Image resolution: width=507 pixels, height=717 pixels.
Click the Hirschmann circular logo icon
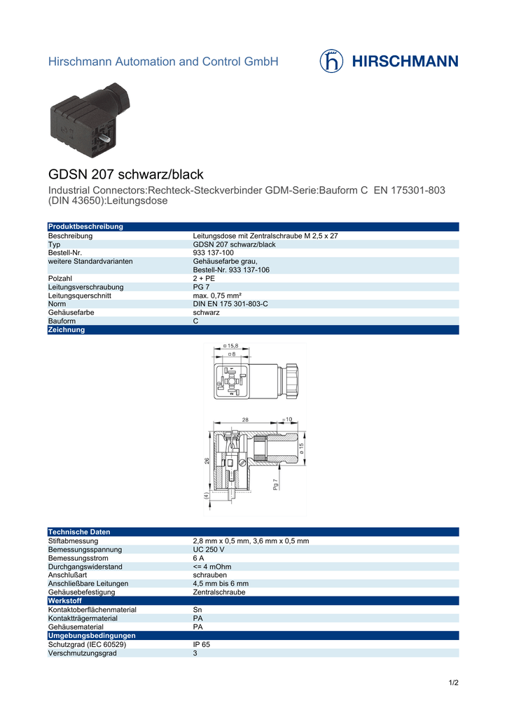click(x=331, y=61)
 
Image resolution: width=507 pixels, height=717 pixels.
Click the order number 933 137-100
click(x=213, y=253)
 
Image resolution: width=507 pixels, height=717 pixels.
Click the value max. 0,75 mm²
click(x=216, y=295)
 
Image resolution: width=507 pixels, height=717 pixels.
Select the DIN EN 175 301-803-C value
click(x=230, y=304)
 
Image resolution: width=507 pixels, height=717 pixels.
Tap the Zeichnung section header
click(x=66, y=330)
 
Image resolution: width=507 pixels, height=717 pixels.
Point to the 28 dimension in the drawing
click(x=245, y=419)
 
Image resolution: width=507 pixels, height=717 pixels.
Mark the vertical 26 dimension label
click(x=207, y=461)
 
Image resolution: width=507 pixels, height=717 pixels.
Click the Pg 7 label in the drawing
click(x=275, y=484)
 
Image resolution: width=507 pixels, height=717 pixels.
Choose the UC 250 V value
click(x=209, y=550)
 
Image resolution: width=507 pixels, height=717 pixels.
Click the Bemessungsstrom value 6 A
click(x=198, y=558)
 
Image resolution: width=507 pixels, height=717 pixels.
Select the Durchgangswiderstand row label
click(x=85, y=566)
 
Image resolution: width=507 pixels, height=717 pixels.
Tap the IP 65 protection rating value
click(x=201, y=644)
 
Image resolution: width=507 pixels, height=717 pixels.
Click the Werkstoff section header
click(x=64, y=601)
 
